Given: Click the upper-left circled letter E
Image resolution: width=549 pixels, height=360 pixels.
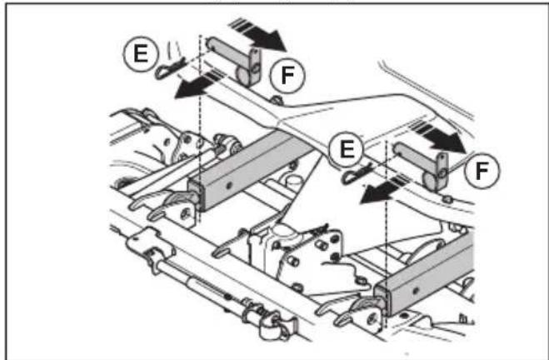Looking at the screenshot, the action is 141,54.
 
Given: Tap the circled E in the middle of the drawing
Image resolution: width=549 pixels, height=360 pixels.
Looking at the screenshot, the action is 347,149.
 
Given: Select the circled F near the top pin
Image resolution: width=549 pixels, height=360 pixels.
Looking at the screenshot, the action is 287,76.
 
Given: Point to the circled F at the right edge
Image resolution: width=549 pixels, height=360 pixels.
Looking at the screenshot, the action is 482,171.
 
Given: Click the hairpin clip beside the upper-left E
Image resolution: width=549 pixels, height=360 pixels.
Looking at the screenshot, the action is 170,68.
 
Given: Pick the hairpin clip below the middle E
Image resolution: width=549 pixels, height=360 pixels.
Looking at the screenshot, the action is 357,174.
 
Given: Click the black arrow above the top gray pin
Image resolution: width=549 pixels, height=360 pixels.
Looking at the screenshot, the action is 258,35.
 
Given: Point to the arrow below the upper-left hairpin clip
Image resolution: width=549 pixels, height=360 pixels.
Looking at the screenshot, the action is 196,85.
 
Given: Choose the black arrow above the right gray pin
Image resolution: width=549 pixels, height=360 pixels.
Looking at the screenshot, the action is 438,137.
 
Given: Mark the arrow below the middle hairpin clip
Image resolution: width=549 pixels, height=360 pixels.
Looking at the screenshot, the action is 382,191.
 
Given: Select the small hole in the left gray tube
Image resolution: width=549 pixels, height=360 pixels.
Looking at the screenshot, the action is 229,184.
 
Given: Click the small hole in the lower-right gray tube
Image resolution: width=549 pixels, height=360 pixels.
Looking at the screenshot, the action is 416,290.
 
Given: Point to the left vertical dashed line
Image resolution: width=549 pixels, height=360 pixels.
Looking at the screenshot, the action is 200,129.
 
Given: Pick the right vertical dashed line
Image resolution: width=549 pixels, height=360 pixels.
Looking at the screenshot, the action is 387,228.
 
